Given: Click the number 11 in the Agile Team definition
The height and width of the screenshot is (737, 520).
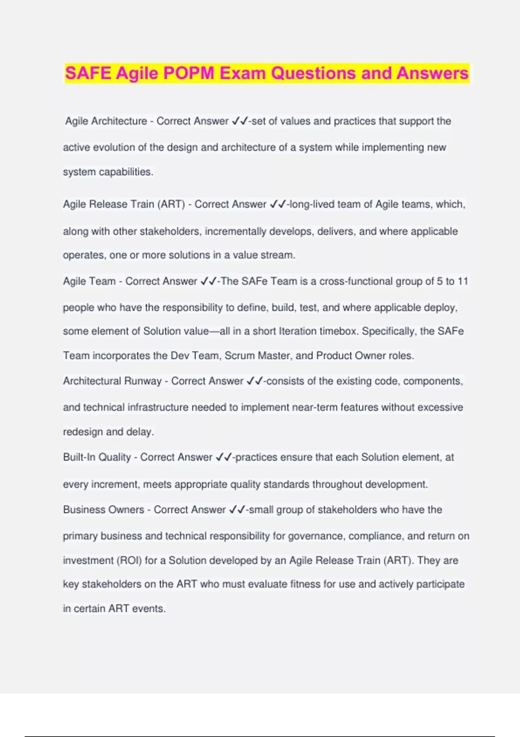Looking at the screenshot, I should tap(463, 281).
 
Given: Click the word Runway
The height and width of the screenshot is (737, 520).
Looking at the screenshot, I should tap(143, 381).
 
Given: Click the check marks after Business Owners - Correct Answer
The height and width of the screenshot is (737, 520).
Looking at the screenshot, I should tap(237, 510).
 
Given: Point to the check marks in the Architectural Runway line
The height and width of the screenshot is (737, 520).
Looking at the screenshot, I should tap(255, 381).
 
